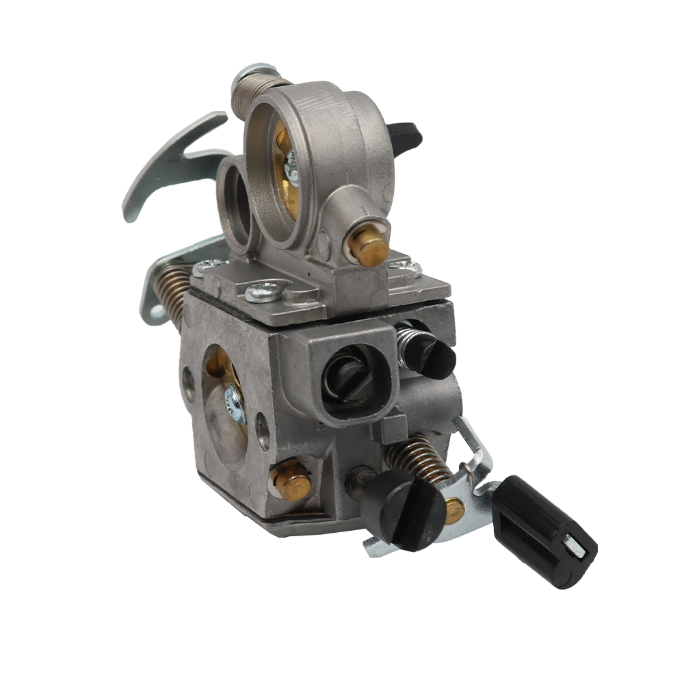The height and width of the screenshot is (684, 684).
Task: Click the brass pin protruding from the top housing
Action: click(369, 243)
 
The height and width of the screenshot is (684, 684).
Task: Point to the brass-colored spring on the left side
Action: click(174, 291)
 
